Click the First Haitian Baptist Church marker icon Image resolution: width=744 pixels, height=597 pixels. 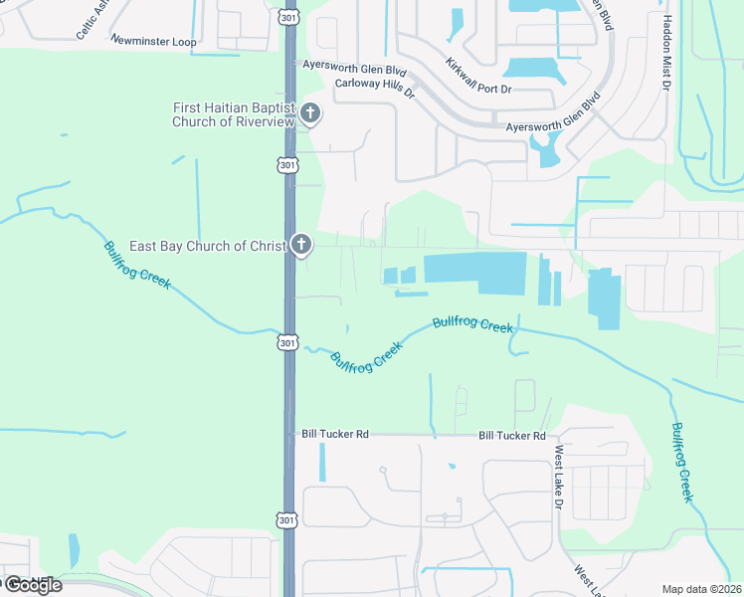tap(309, 112)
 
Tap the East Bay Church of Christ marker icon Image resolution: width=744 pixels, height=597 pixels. tap(300, 244)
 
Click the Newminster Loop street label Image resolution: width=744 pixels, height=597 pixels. tap(153, 41)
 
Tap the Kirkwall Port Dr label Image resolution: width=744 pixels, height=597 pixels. tap(478, 77)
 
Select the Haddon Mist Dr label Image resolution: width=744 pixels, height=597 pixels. tap(663, 51)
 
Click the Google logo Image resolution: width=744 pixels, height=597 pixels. tap(33, 585)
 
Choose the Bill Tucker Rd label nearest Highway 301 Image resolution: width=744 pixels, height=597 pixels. tap(335, 435)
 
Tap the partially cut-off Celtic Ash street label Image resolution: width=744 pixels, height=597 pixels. tap(93, 20)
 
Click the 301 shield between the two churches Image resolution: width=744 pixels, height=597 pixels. tap(286, 164)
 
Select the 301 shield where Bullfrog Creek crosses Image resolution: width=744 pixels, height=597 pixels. tap(286, 342)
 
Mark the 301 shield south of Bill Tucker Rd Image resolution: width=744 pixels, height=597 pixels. tap(286, 520)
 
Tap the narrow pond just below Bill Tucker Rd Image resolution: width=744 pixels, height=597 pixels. tap(322, 462)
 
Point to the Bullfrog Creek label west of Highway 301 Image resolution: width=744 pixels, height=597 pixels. tap(137, 266)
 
